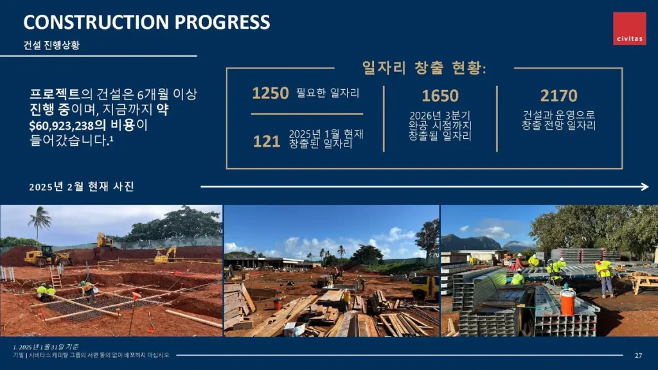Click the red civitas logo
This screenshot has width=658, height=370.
click(629, 28)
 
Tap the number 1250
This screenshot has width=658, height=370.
click(271, 92)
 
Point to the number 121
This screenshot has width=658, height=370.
click(267, 141)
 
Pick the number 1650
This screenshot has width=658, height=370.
click(440, 96)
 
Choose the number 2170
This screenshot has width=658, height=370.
click(558, 96)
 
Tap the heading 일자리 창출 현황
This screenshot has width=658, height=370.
click(424, 67)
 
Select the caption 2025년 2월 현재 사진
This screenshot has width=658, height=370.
click(82, 186)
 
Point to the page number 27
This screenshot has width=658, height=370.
click(638, 355)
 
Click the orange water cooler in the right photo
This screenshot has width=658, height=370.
click(567, 301)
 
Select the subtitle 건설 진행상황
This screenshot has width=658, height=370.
click(51, 45)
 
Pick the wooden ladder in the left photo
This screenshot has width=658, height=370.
click(56, 277)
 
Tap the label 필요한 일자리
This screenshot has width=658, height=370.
click(328, 92)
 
